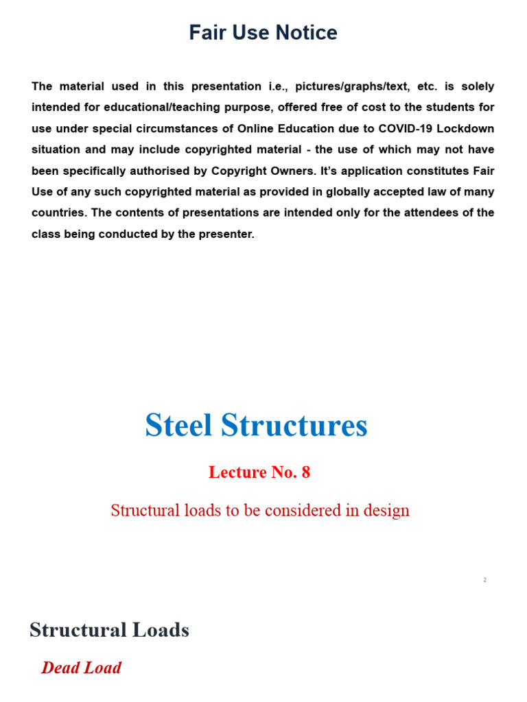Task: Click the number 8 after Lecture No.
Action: (x=305, y=472)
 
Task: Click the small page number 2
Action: (x=484, y=580)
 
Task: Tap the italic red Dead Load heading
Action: (x=82, y=668)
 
